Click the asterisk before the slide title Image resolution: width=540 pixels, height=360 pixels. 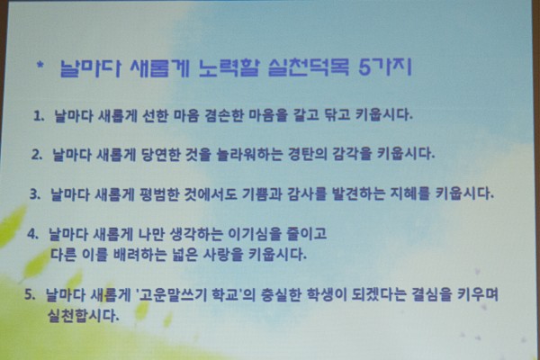coord(40,65)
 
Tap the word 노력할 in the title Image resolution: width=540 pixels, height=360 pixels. coord(229,67)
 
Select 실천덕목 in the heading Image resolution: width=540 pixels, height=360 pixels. coord(308,67)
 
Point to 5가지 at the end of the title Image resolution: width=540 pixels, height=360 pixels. coord(385,67)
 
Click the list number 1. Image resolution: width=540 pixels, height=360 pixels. coord(39,116)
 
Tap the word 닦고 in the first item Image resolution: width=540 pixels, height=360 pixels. coord(337,115)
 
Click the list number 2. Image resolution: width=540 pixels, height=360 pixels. coord(37,155)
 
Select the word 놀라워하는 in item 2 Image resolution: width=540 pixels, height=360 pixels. coord(249,154)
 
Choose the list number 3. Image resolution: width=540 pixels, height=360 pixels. coord(35,194)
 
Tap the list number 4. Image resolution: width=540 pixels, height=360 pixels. coord(32,234)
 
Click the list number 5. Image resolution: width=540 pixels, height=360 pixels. coord(30,294)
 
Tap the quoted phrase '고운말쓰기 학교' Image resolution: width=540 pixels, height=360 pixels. coord(189,295)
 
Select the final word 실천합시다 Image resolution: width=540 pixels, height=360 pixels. coord(83,316)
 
